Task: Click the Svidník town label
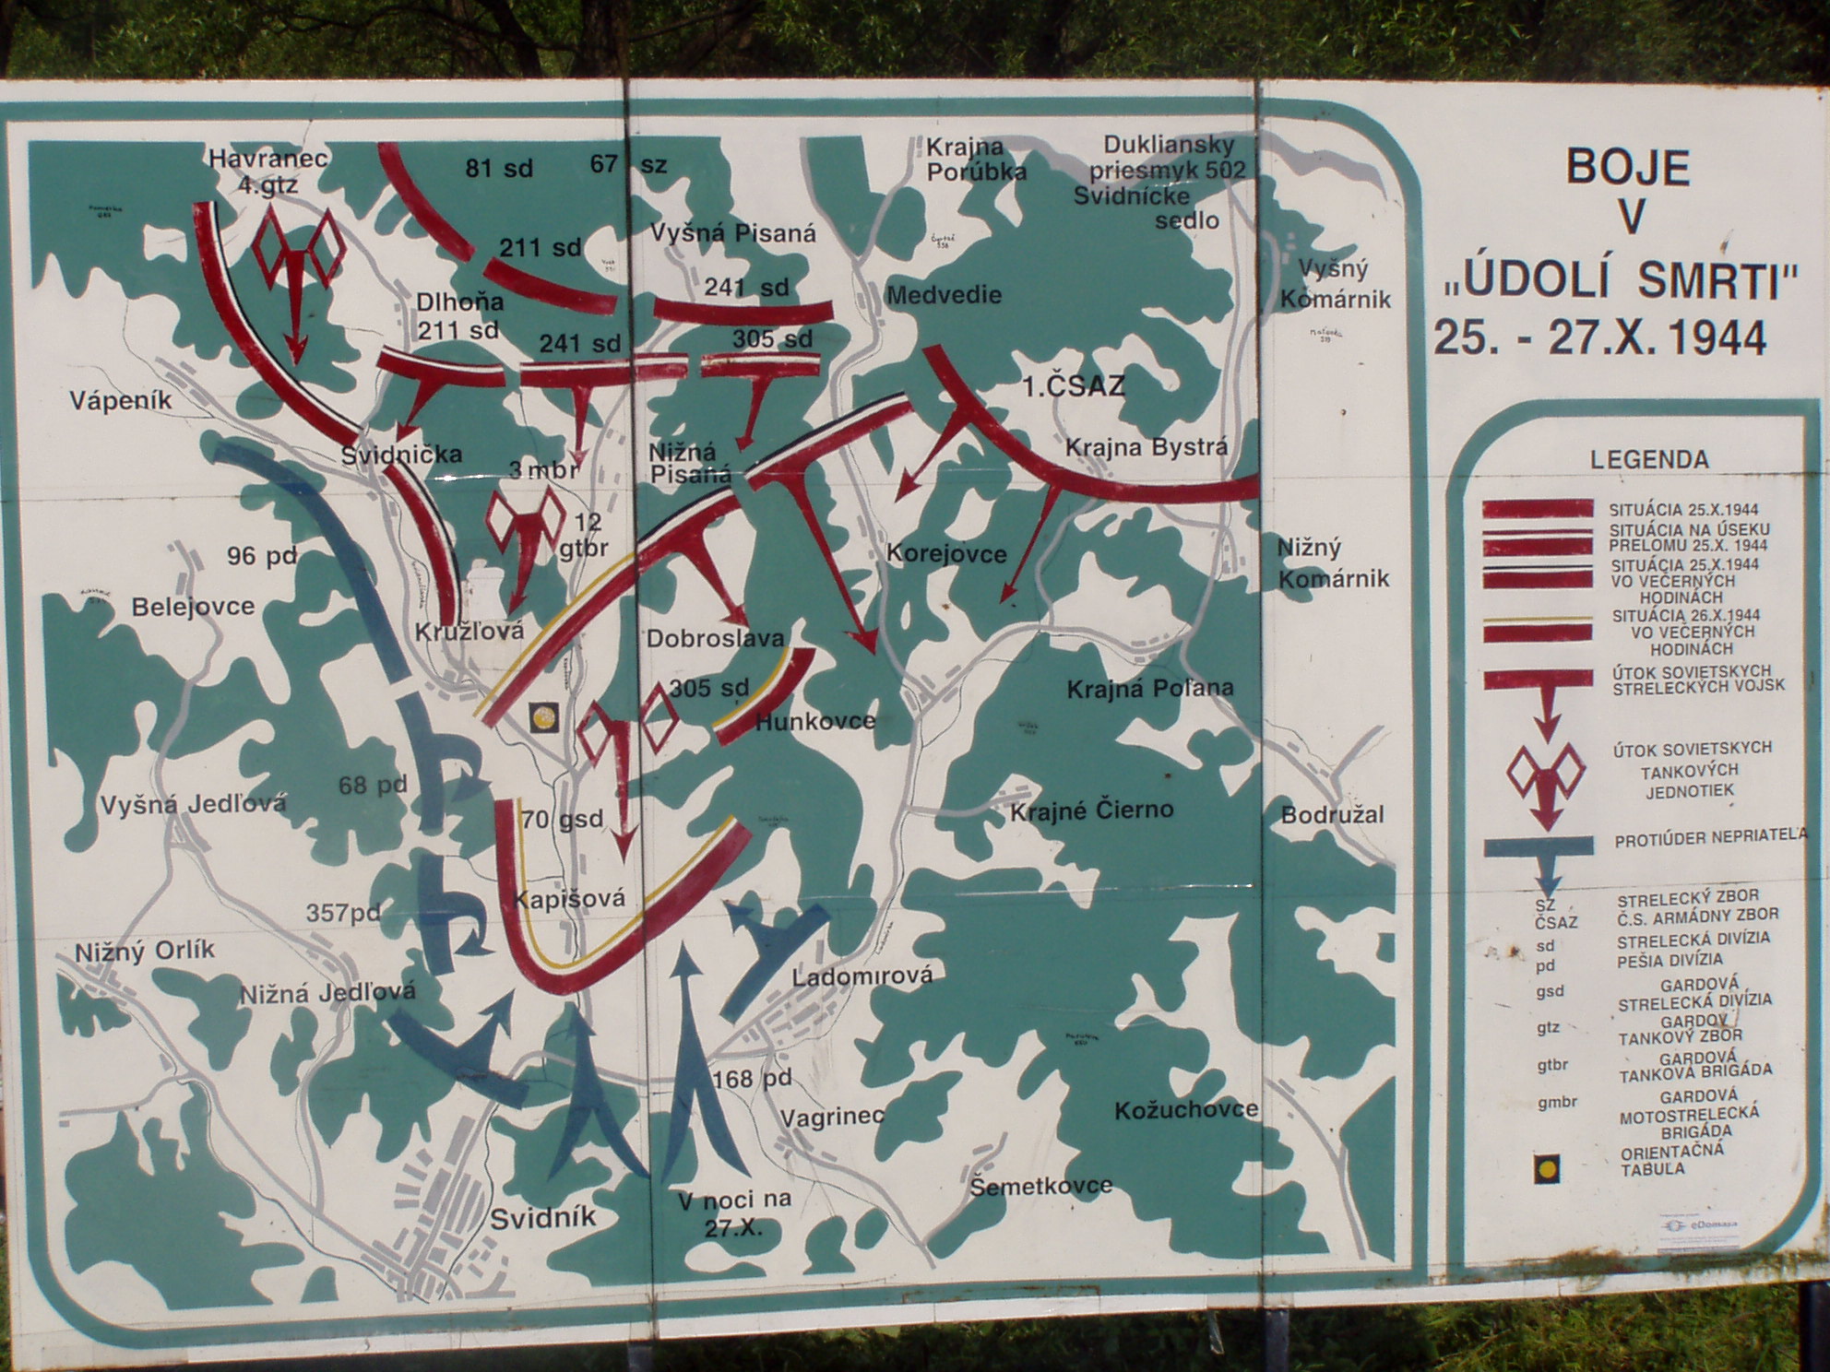pyautogui.click(x=543, y=1218)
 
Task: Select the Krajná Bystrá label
pyautogui.click(x=1147, y=447)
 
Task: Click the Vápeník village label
pyautogui.click(x=121, y=401)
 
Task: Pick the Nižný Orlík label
pyautogui.click(x=145, y=951)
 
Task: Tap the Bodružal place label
pyautogui.click(x=1332, y=815)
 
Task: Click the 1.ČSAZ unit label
pyautogui.click(x=1074, y=386)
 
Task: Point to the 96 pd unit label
pyautogui.click(x=263, y=557)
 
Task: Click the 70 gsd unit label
pyautogui.click(x=563, y=819)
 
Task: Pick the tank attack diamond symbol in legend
pyautogui.click(x=1546, y=775)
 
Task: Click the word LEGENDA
pyautogui.click(x=1649, y=459)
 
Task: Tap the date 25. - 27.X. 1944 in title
pyautogui.click(x=1599, y=338)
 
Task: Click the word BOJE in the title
pyautogui.click(x=1628, y=169)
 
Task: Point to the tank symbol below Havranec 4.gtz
pyautogui.click(x=298, y=267)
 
